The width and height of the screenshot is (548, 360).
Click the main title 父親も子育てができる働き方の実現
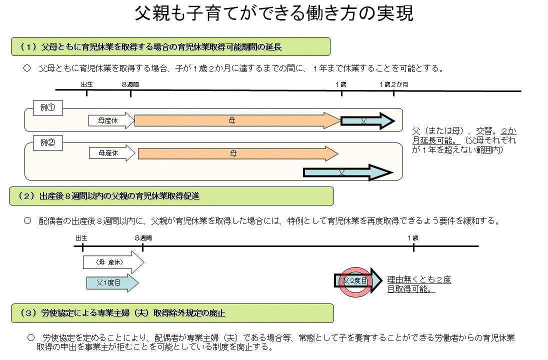(274, 14)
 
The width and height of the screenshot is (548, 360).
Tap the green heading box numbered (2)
(171, 196)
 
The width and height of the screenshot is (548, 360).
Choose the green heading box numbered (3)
(171, 313)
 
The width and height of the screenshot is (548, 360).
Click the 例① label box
(47, 107)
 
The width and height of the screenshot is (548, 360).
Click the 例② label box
(47, 143)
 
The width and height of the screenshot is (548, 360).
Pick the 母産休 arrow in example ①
(111, 120)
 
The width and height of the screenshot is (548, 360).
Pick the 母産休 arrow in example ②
(111, 153)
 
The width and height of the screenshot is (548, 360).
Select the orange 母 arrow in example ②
(237, 153)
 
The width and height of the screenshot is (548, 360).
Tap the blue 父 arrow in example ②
(347, 172)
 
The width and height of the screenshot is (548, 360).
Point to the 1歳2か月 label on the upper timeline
(393, 84)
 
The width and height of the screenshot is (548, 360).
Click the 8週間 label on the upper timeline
(130, 84)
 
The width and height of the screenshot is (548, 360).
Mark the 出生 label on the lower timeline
(82, 237)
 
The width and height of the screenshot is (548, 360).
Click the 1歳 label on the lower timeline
(413, 237)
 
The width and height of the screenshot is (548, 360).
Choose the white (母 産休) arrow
(113, 262)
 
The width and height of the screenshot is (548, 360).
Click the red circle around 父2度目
(355, 281)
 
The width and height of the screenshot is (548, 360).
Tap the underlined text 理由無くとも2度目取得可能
(419, 284)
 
